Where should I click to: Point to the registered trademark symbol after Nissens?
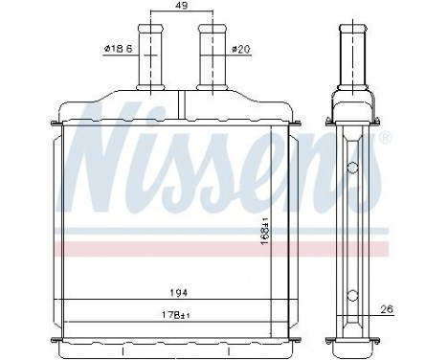pos(386,140)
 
